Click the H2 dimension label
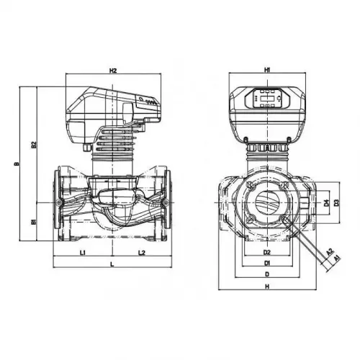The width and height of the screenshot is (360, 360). tap(113, 71)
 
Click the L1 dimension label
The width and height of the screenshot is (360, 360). tap(83, 253)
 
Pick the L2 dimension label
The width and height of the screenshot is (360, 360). tap(141, 253)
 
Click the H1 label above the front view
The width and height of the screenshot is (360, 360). tap(266, 70)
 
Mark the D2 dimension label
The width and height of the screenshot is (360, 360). tap(266, 253)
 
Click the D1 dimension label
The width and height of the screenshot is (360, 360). tap(266, 264)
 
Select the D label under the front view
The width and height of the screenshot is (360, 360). tap(266, 275)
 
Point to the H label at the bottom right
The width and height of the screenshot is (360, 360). tap(266, 287)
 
